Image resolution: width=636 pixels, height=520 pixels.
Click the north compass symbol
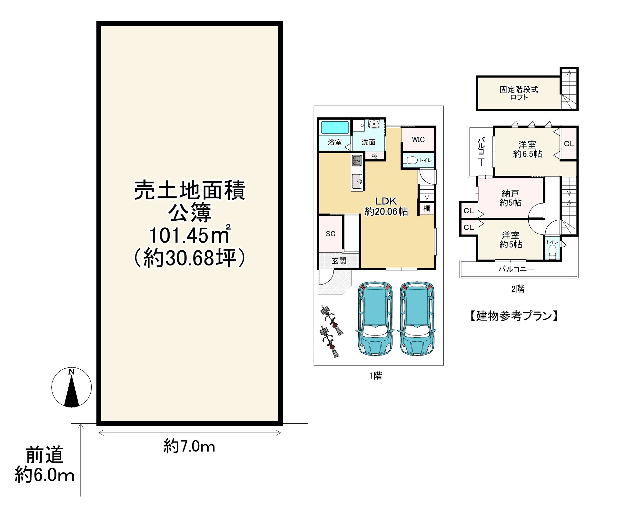pyautogui.click(x=72, y=387)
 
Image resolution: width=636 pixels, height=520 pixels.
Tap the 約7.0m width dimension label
pyautogui.click(x=189, y=446)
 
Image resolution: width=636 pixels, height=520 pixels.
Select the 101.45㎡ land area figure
pyautogui.click(x=189, y=235)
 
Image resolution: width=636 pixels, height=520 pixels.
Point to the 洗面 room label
pyautogui.click(x=368, y=142)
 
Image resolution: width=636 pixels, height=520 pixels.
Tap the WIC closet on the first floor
pyautogui.click(x=418, y=139)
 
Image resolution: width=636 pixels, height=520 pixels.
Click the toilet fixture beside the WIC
pyautogui.click(x=411, y=160)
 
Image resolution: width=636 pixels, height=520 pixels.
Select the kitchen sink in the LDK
pyautogui.click(x=357, y=181)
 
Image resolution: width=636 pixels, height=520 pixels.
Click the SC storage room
pyautogui.click(x=331, y=234)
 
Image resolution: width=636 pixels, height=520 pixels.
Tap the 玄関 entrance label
pyautogui.click(x=339, y=261)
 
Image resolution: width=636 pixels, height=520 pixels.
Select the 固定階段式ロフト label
pyautogui.click(x=519, y=93)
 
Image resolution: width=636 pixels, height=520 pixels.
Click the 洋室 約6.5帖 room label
pyautogui.click(x=527, y=149)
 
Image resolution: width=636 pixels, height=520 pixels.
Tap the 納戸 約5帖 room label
pyautogui.click(x=510, y=198)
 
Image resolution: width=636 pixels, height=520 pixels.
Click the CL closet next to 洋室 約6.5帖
pyautogui.click(x=569, y=144)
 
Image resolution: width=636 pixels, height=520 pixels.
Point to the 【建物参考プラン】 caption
pyautogui.click(x=514, y=316)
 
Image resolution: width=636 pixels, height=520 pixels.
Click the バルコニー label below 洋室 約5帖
pyautogui.click(x=516, y=269)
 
